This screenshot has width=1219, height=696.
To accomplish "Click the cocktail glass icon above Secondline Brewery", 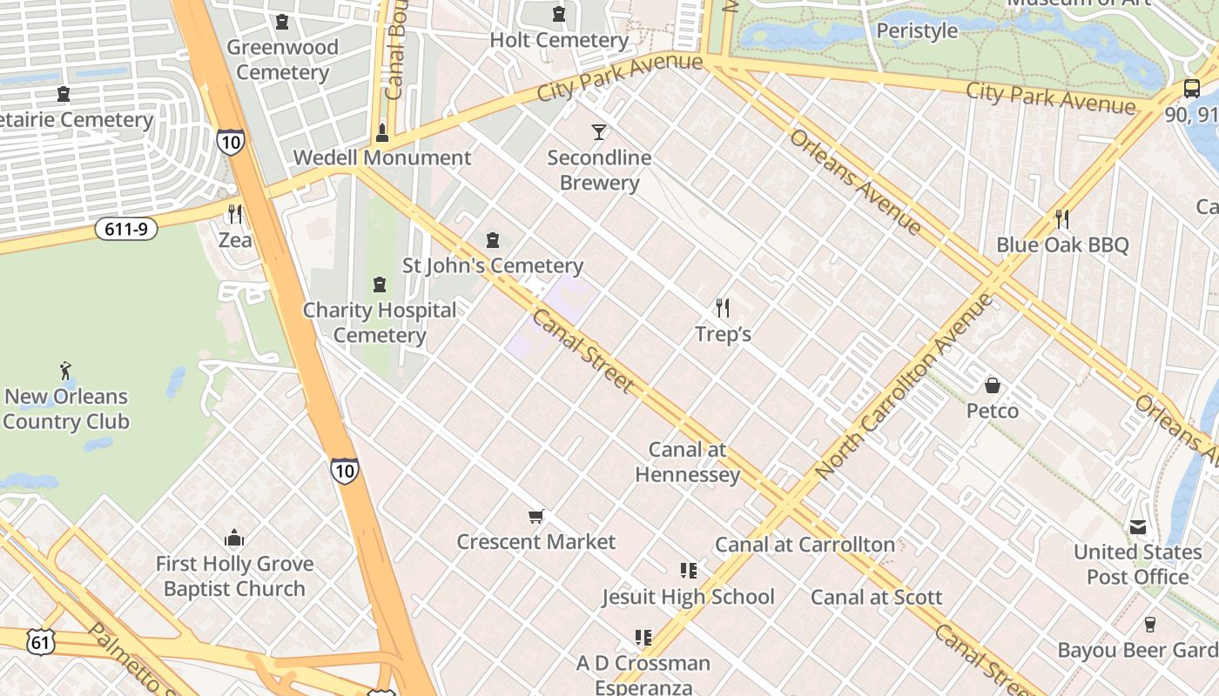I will (x=599, y=132).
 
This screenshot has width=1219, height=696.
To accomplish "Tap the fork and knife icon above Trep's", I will (x=722, y=307).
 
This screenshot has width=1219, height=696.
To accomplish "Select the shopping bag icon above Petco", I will (x=992, y=385).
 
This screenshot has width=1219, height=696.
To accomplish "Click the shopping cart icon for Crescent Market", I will (x=536, y=517).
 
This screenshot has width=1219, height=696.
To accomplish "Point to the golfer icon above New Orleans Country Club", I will (x=65, y=371).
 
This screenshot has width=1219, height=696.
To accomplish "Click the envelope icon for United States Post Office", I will (x=1137, y=527).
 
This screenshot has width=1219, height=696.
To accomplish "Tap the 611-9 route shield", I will (x=127, y=230).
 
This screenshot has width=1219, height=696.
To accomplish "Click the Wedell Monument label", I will (x=382, y=157).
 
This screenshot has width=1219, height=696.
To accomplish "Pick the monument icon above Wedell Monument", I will (x=381, y=133).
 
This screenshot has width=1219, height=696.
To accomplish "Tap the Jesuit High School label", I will (x=688, y=597).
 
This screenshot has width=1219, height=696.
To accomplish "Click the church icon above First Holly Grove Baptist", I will (x=233, y=539).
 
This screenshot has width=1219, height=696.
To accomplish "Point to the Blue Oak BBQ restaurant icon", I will (x=1061, y=218).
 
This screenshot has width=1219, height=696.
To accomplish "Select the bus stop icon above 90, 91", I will (x=1191, y=88).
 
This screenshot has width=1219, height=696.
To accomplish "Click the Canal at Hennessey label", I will (x=687, y=462).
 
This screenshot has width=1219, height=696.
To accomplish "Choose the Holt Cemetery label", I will (x=559, y=40).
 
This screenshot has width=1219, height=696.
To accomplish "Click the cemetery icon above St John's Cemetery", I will (x=493, y=240).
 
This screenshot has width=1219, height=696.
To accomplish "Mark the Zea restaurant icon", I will (x=234, y=214).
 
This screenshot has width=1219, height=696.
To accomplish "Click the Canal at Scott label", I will (x=876, y=597).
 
